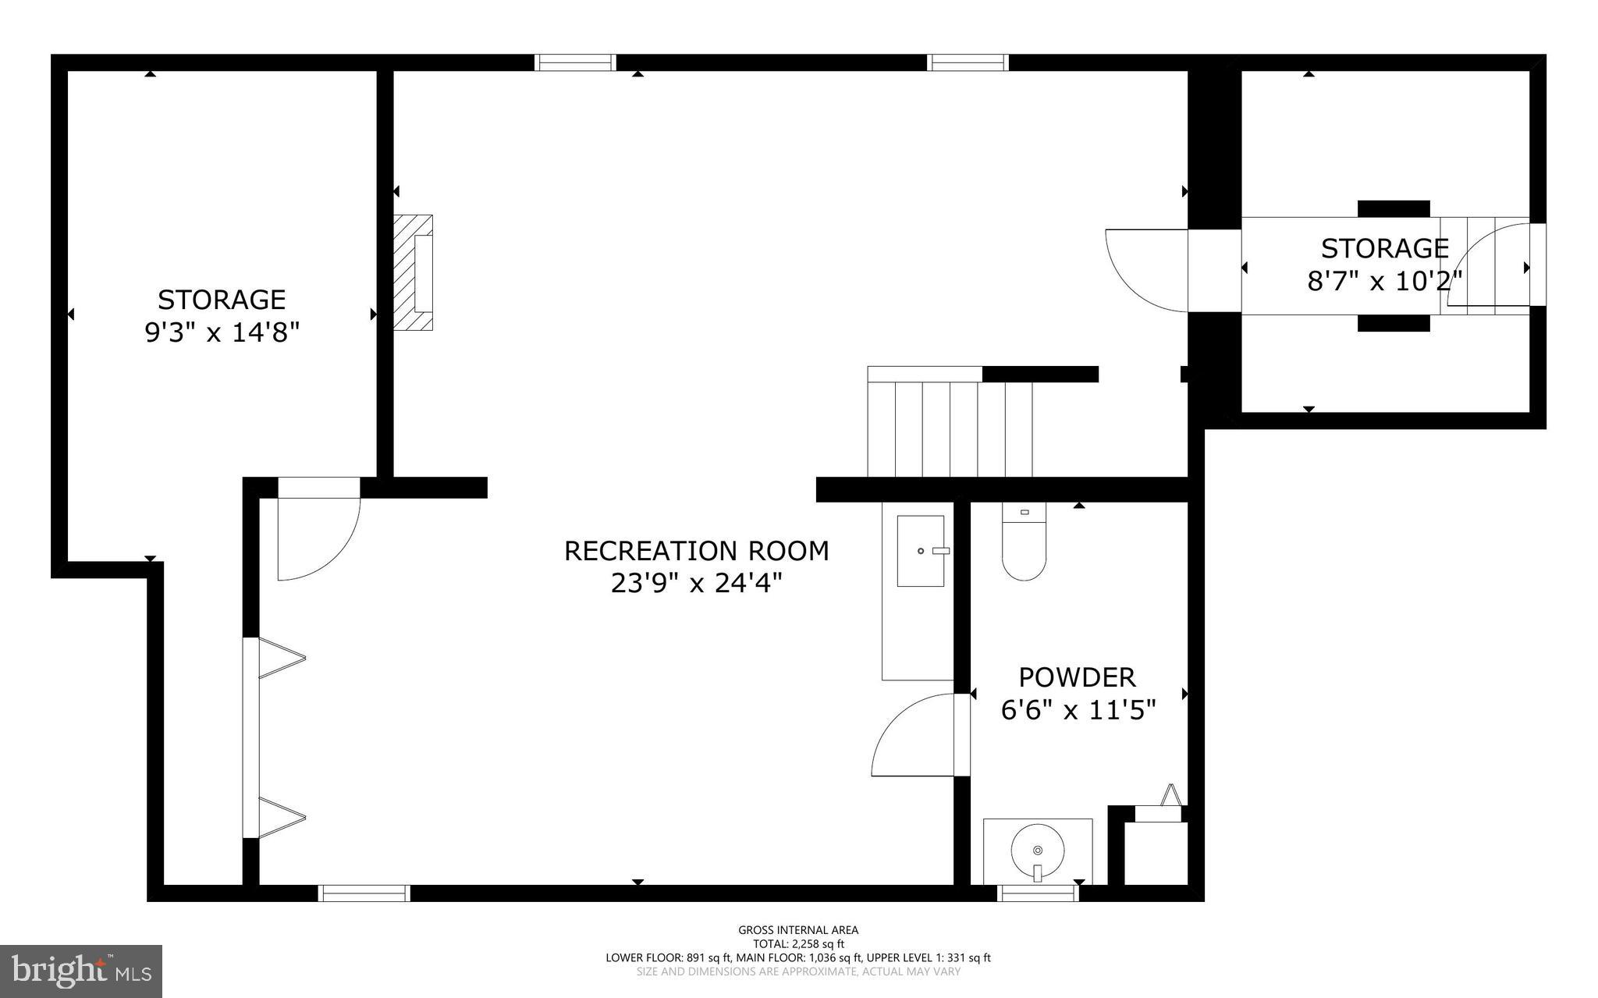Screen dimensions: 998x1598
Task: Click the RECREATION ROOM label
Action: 696,551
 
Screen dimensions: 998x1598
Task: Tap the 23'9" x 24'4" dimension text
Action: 696,583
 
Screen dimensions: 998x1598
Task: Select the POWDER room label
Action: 1077,677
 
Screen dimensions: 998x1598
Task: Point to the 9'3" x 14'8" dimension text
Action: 222,333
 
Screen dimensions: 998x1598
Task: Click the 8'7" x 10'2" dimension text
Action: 1384,281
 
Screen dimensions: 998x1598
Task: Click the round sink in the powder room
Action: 1037,851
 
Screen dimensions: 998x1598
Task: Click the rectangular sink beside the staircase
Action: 921,550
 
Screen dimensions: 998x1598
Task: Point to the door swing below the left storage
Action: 316,538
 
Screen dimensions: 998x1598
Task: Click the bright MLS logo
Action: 81,971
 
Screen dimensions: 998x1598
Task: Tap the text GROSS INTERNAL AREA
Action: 798,930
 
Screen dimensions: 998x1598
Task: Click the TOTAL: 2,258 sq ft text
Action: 798,943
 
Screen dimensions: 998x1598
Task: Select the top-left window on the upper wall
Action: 575,62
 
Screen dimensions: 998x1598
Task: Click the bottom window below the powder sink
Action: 1039,893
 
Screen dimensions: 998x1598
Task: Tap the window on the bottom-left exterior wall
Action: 364,893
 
